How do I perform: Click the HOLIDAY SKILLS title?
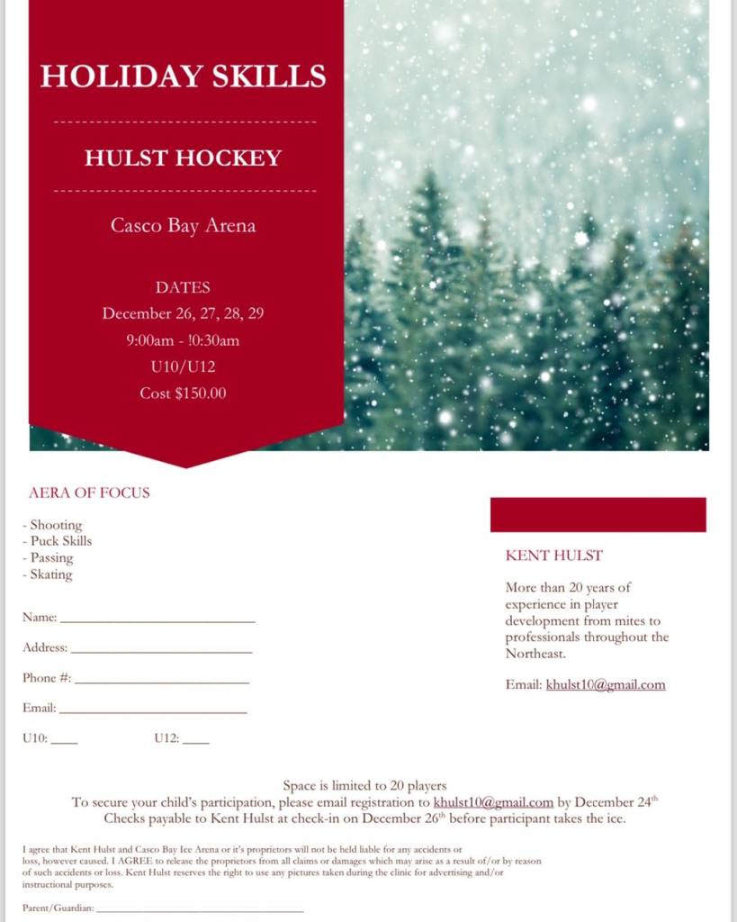[x=183, y=76]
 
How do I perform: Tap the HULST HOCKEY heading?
[x=183, y=158]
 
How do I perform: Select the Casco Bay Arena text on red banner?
[x=183, y=225]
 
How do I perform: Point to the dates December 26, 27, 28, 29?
[x=183, y=313]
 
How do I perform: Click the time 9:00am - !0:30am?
[x=183, y=340]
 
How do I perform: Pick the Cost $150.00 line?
[x=183, y=393]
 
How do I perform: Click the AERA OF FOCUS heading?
[x=89, y=493]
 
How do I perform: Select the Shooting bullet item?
[x=56, y=525]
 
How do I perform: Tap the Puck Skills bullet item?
[x=61, y=541]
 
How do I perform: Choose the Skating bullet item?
[x=51, y=574]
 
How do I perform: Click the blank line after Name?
[x=157, y=621]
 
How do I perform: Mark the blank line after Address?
[x=161, y=651]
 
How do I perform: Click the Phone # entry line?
[x=162, y=682]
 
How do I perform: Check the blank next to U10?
[x=65, y=742]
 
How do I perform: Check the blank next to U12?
[x=195, y=742]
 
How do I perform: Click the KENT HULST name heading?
[x=554, y=556]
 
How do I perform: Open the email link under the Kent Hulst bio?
[x=606, y=684]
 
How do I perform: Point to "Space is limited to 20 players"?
[x=364, y=786]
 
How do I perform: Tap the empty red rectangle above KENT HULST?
[x=598, y=514]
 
